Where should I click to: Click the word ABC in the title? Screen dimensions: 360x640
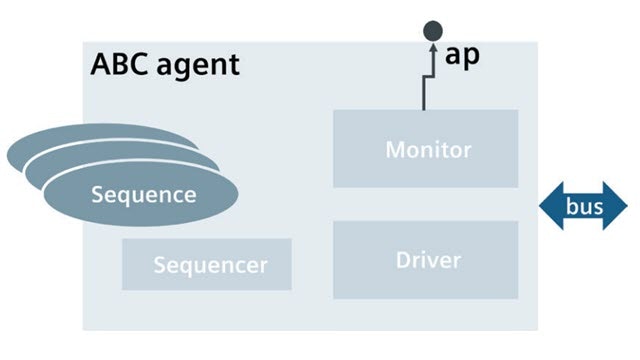click(117, 65)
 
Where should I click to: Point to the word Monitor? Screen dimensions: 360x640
click(428, 151)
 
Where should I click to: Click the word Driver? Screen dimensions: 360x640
click(428, 261)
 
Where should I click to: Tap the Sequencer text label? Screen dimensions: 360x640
click(210, 266)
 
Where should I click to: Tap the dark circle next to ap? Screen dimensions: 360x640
click(432, 32)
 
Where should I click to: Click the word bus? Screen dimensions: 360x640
click(584, 207)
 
